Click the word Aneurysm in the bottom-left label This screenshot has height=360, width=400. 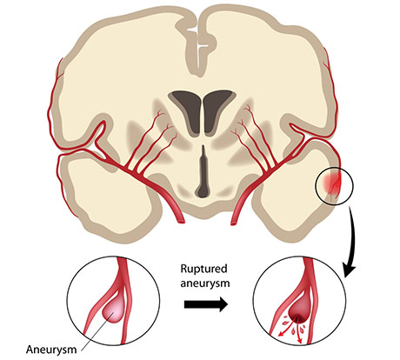51,350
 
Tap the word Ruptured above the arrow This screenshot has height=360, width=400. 203,270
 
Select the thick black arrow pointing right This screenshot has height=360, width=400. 205,304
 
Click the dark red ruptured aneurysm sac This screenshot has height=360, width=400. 298,312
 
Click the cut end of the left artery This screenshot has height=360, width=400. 181,222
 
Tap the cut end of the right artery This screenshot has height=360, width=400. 233,223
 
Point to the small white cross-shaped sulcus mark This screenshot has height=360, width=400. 202,46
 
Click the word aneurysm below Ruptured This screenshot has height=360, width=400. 205,283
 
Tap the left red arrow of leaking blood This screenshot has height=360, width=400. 286,330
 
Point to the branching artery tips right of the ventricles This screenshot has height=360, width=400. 243,121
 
